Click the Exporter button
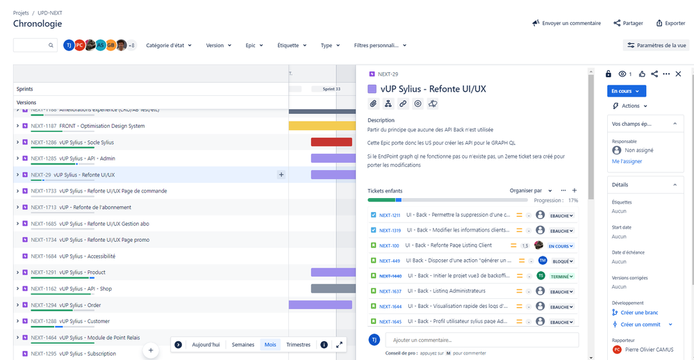point(670,23)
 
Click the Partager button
point(628,23)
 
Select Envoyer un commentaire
point(566,23)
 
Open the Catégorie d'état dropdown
point(169,45)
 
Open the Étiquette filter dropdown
point(292,45)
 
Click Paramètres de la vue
point(656,45)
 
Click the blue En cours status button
point(627,91)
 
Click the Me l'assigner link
point(627,161)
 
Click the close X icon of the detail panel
point(679,74)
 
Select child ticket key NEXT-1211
point(390,215)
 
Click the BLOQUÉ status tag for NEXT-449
point(562,261)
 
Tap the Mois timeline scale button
point(270,345)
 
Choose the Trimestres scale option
point(298,345)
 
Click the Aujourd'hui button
point(206,345)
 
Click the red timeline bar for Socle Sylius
point(331,142)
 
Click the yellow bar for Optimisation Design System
point(322,126)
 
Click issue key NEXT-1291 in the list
point(44,272)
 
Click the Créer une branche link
point(638,312)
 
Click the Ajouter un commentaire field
point(481,340)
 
